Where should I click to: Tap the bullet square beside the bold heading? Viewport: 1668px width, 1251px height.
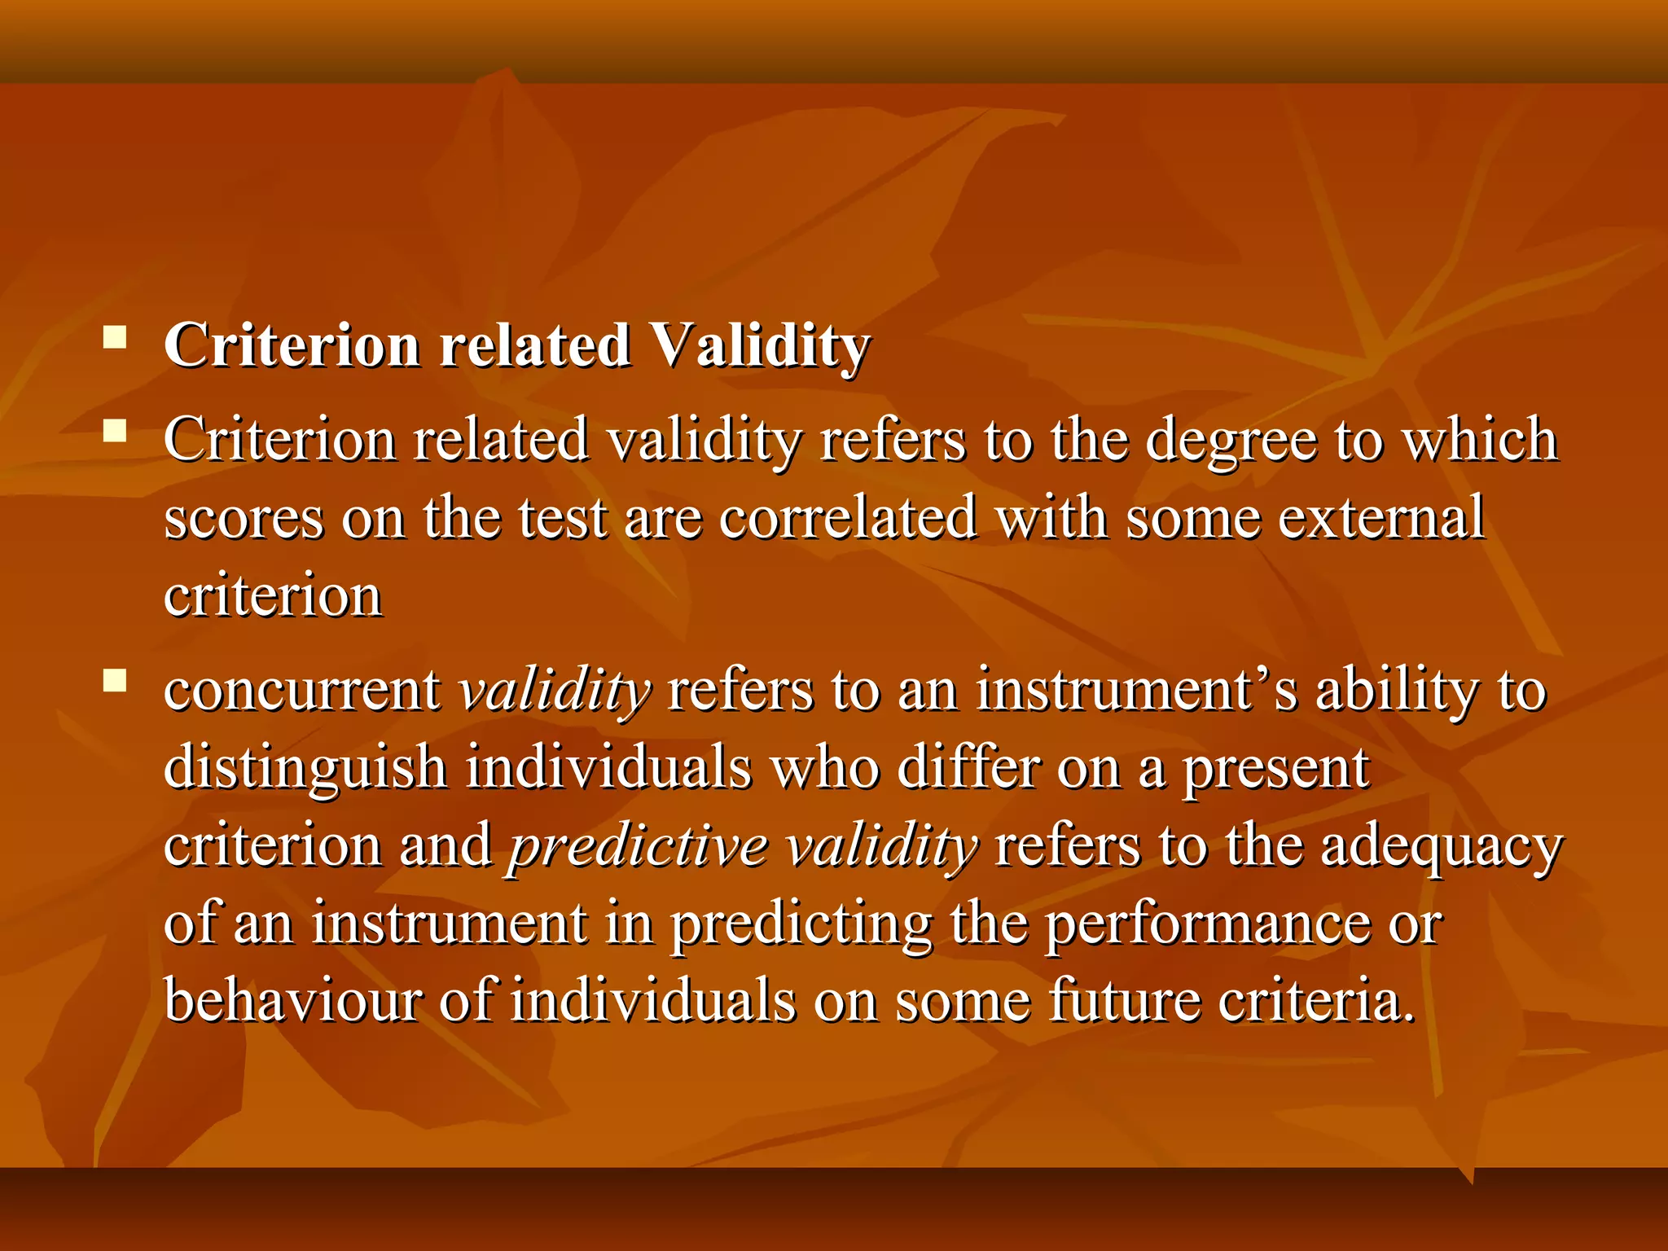pos(115,336)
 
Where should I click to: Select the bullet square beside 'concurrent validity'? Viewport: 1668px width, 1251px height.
pos(115,679)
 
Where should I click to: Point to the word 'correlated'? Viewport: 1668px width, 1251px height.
pos(848,518)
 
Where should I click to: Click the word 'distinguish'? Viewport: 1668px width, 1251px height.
pos(305,769)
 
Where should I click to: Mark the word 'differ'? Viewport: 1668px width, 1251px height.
pos(968,769)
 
